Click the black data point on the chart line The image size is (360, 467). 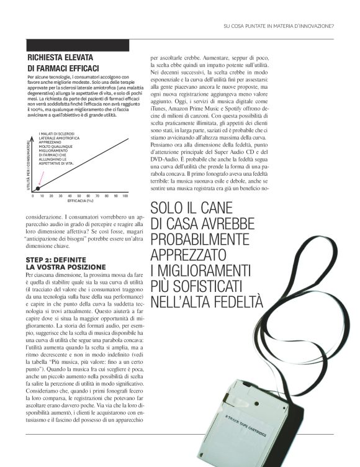pos(37,188)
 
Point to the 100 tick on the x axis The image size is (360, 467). pos(125,196)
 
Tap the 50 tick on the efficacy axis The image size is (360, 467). pos(79,196)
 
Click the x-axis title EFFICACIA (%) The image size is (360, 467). pos(79,201)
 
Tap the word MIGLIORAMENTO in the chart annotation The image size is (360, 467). pos(52,149)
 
